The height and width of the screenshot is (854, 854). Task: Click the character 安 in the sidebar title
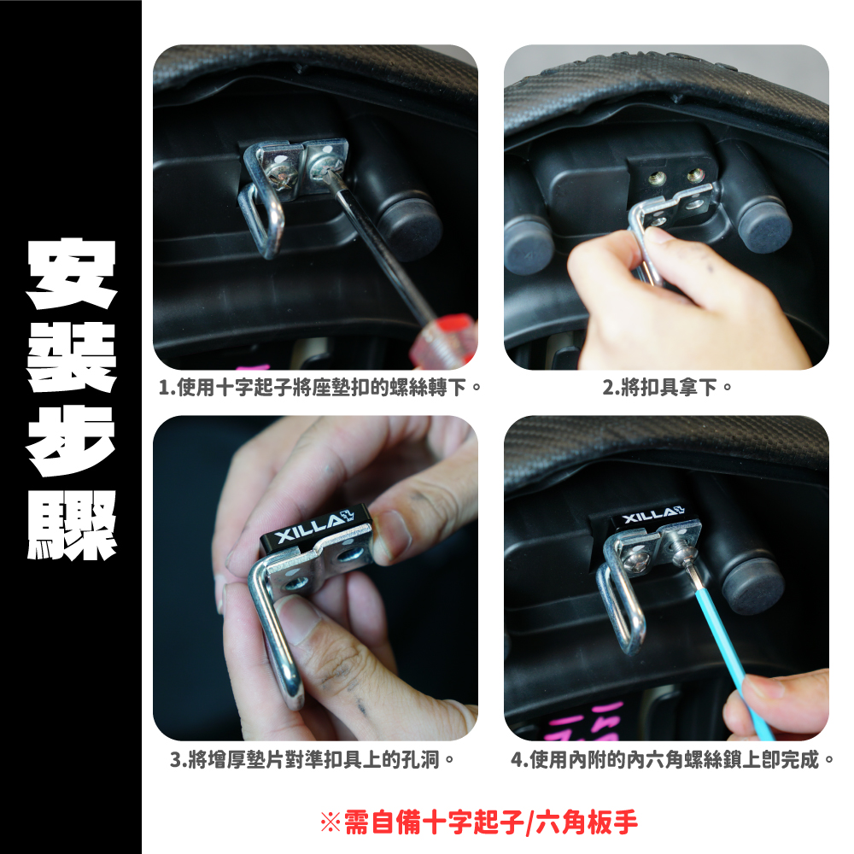72,273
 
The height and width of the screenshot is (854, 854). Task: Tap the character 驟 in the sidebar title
72,524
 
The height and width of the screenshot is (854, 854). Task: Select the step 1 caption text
320,388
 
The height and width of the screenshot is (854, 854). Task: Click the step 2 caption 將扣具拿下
667,388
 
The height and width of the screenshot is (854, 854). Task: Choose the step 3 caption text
312,759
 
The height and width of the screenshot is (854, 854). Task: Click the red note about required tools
479,822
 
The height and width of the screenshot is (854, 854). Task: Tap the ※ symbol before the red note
330,822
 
